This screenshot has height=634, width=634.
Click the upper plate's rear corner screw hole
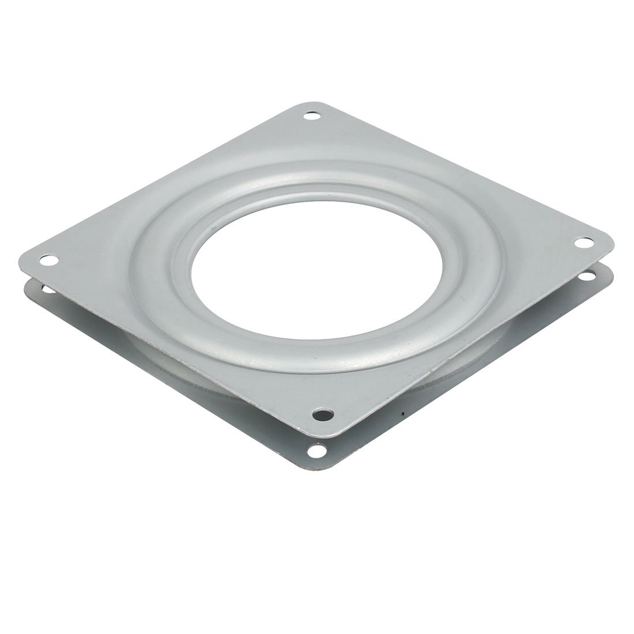point(314,117)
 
